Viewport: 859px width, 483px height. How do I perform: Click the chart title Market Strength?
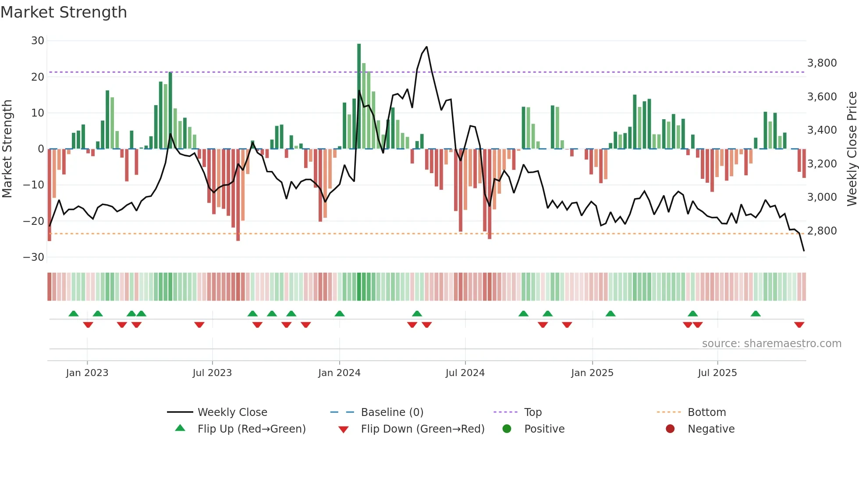pos(64,12)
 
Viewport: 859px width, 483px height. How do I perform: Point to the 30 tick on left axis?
pos(38,41)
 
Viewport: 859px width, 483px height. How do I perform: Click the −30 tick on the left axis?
pos(34,257)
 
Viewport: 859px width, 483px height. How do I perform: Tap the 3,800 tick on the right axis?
pos(822,63)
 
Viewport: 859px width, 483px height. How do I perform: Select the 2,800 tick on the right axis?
pos(822,231)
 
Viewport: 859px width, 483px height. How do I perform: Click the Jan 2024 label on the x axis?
pos(339,373)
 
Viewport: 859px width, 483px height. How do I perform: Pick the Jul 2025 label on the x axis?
pos(717,373)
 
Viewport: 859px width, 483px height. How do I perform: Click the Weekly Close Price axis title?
pos(852,149)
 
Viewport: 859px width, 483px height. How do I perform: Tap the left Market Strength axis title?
pos(7,149)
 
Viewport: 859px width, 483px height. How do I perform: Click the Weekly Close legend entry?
pos(232,412)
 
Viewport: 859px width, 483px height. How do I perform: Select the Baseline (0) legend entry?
pos(392,412)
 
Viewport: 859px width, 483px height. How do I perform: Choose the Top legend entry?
pos(532,412)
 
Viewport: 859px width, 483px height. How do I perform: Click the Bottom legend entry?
pos(706,412)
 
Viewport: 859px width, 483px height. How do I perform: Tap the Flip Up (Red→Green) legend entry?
pos(251,429)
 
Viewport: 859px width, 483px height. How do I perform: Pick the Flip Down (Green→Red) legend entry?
pos(422,429)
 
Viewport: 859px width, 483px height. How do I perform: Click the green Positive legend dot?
pos(507,429)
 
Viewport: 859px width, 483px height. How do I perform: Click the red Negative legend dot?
pos(670,429)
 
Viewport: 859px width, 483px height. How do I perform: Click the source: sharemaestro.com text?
pos(771,344)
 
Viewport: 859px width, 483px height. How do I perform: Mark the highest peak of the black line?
pos(426,47)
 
